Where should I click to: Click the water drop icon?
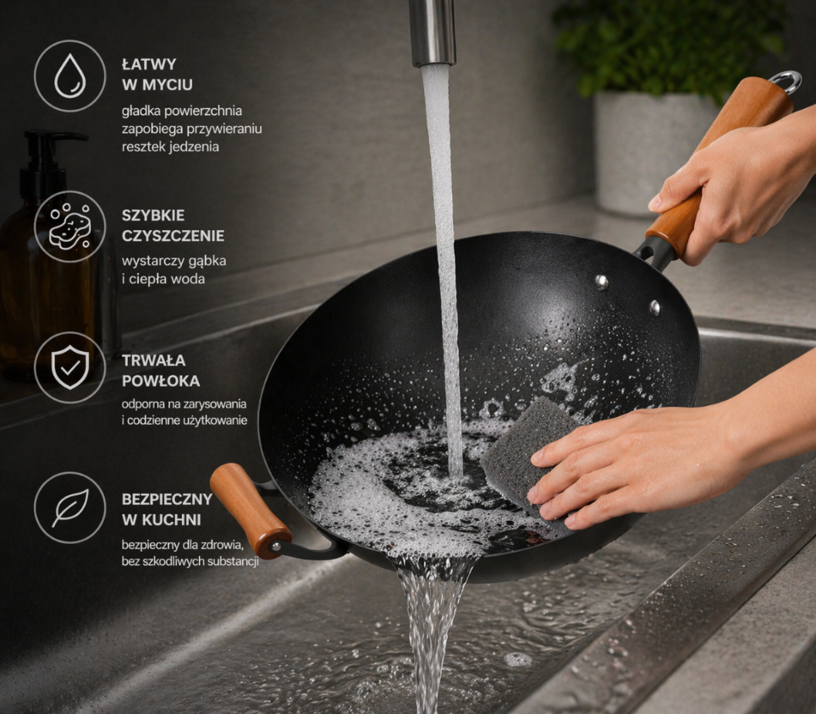[70, 76]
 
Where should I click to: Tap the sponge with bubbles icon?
[70, 227]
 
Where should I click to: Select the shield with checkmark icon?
[70, 368]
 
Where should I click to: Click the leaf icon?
[70, 508]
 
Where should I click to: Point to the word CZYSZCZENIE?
[174, 235]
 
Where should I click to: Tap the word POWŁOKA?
[161, 381]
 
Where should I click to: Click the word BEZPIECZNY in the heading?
[167, 499]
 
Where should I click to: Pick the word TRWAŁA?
[153, 360]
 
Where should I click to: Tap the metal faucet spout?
[432, 33]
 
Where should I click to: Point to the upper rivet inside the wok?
[602, 282]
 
